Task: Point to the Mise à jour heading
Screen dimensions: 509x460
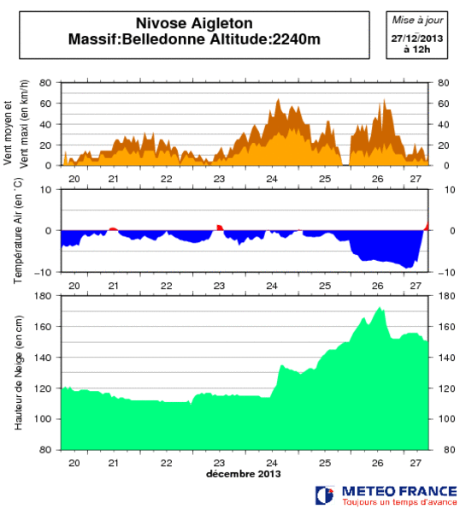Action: (x=418, y=19)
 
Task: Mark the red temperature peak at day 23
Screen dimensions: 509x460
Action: (x=220, y=228)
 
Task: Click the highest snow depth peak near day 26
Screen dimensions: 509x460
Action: (x=380, y=309)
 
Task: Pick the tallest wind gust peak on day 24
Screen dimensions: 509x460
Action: (x=278, y=100)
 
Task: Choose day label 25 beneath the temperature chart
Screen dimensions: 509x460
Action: (x=325, y=286)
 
